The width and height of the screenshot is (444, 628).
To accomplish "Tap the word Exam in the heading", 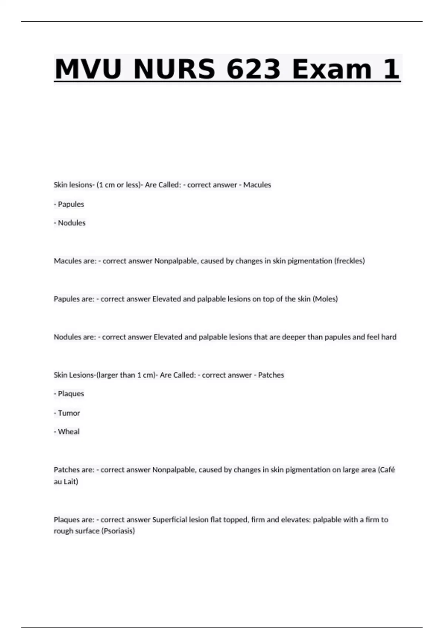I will [x=332, y=69].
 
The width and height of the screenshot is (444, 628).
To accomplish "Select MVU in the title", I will [x=88, y=69].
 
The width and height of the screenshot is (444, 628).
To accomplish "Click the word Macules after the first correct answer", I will [x=257, y=185].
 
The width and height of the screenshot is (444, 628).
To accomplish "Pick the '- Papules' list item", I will [x=69, y=204].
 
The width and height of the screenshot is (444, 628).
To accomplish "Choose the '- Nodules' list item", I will [x=70, y=223].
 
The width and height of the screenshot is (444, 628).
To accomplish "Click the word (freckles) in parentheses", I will [x=349, y=261].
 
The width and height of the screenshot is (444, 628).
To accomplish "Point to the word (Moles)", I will [x=325, y=299].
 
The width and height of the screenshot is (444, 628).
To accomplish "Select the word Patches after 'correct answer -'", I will [x=271, y=375].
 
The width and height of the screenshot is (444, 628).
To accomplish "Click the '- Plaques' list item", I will [x=69, y=394].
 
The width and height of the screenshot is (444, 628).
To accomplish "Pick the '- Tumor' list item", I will [x=67, y=413].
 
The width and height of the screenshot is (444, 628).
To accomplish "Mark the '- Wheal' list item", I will [x=67, y=431].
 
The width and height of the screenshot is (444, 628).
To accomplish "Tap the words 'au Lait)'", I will [x=66, y=482].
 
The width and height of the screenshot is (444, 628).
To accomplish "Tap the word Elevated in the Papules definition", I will [x=166, y=299].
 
